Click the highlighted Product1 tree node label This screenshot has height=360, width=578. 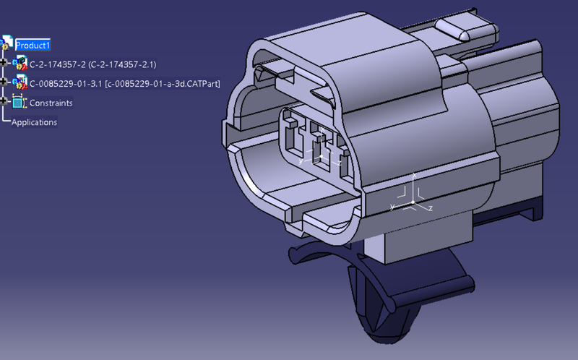[33, 45]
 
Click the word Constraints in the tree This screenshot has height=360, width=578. [51, 103]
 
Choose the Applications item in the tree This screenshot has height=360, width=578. [34, 122]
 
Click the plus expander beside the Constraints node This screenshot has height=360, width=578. [6, 103]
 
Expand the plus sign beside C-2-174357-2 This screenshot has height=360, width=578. [6, 64]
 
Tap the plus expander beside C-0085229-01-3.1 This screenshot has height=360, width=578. [6, 84]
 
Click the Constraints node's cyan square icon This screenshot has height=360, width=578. [19, 103]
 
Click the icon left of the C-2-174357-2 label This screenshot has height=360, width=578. [20, 64]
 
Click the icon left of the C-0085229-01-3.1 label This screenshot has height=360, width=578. [20, 83]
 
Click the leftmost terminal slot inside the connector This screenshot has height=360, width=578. [293, 137]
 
